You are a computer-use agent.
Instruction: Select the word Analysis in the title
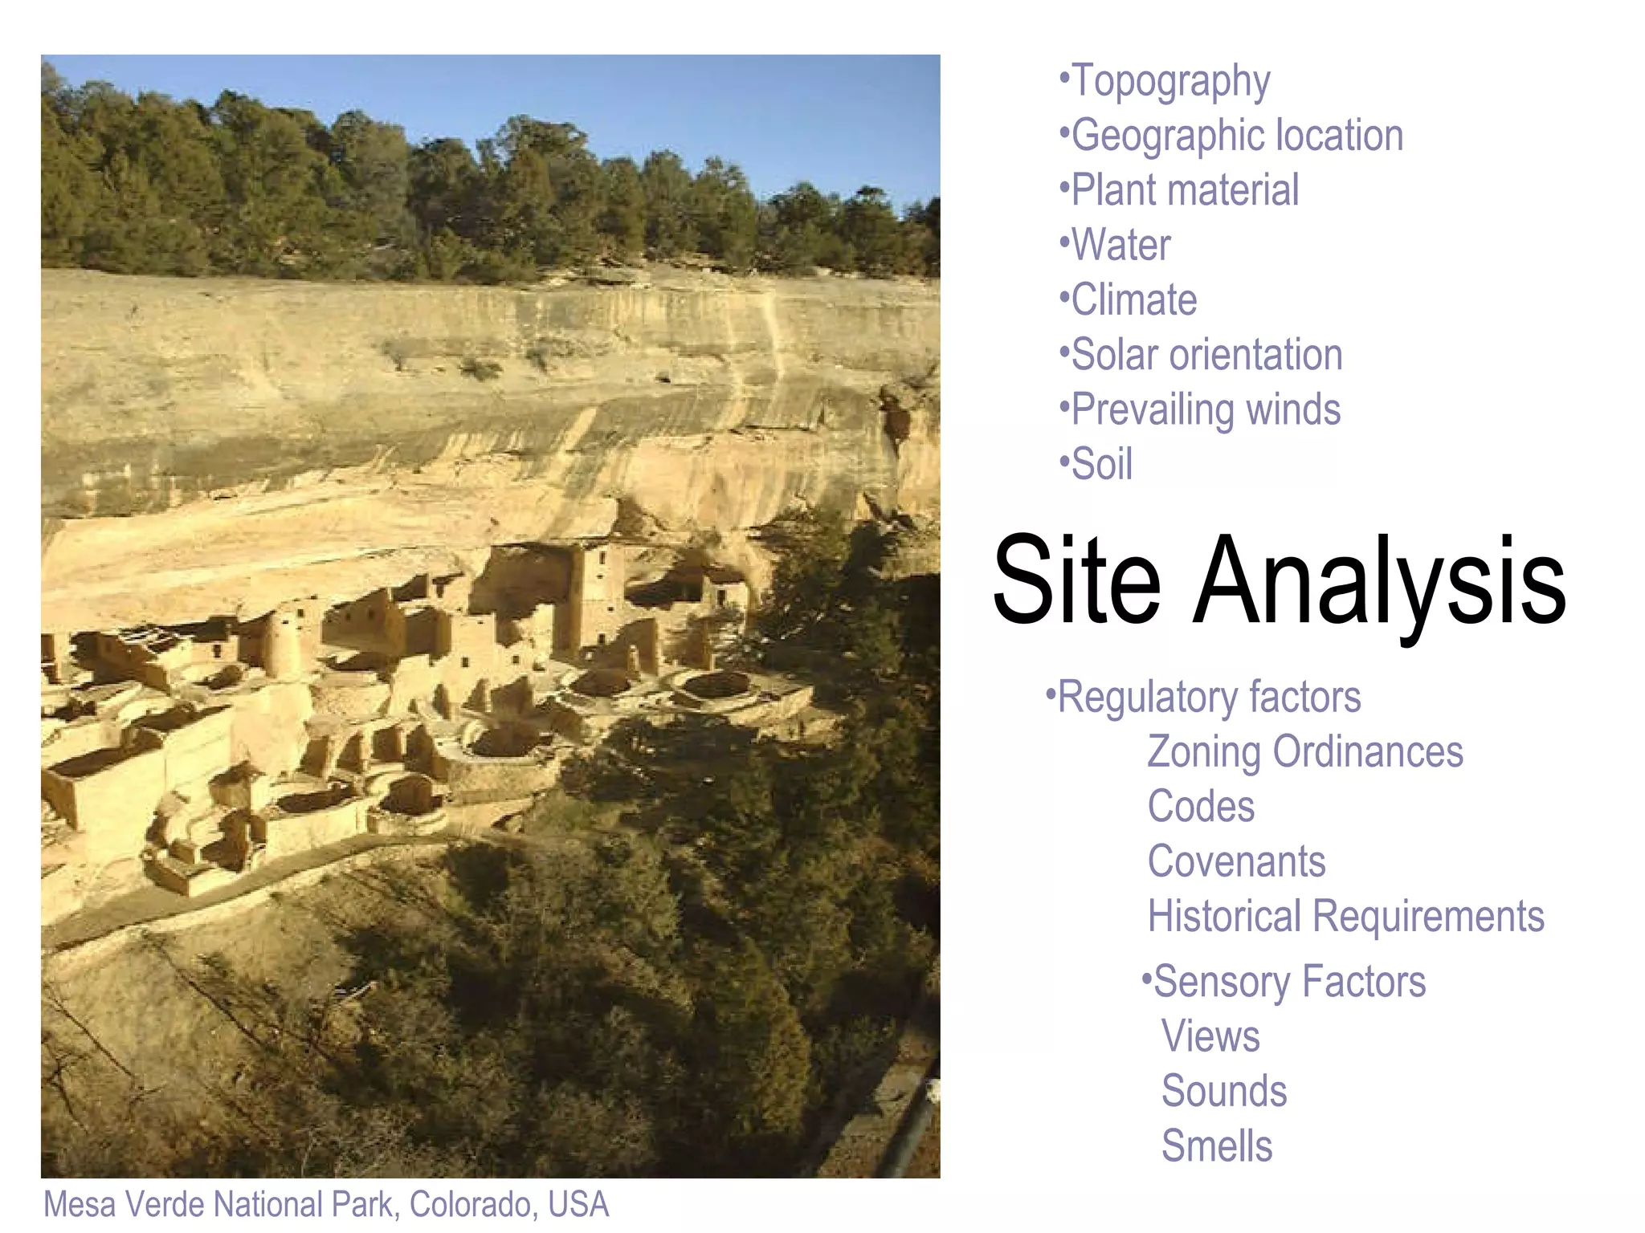tap(1379, 581)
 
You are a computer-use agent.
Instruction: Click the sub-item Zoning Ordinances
tap(1304, 752)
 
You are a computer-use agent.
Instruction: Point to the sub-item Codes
tap(1200, 807)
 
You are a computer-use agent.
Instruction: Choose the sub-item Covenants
tap(1236, 862)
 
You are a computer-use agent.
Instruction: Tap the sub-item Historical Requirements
tap(1345, 917)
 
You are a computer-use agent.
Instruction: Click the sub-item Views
tap(1210, 1036)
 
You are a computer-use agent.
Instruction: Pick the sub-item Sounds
tap(1224, 1091)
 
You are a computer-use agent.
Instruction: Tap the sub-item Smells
tap(1217, 1146)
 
